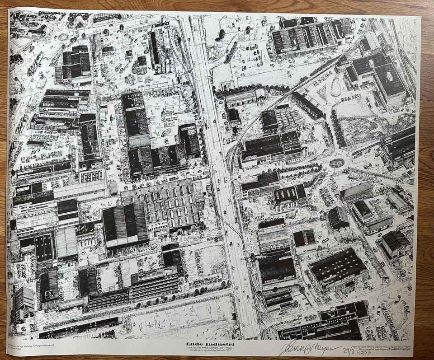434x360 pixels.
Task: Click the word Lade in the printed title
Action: tap(193, 344)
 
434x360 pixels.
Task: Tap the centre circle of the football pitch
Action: tap(176, 317)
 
